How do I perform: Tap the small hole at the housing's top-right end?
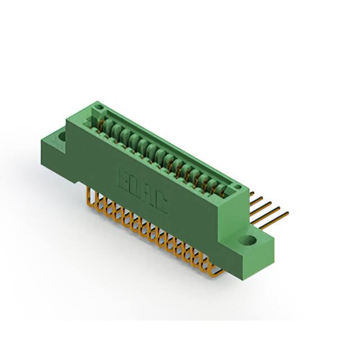coord(237,188)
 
